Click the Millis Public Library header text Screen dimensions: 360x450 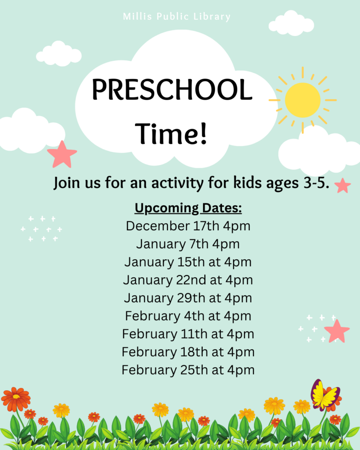(177, 17)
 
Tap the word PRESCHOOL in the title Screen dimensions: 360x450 (172, 89)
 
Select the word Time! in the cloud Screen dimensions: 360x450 (171, 134)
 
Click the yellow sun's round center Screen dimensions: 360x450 (302, 100)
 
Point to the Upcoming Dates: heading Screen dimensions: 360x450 (188, 208)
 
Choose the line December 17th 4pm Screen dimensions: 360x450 (188, 226)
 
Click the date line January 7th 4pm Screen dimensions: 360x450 (188, 244)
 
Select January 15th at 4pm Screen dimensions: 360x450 (188, 262)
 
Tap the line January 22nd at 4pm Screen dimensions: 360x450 (188, 280)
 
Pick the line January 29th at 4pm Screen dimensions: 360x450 (188, 298)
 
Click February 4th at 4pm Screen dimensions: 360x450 (188, 316)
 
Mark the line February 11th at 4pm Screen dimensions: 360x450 (188, 334)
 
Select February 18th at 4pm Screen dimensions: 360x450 (188, 352)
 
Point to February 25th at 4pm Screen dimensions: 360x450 (188, 370)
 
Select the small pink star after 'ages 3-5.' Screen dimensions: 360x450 (343, 185)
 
